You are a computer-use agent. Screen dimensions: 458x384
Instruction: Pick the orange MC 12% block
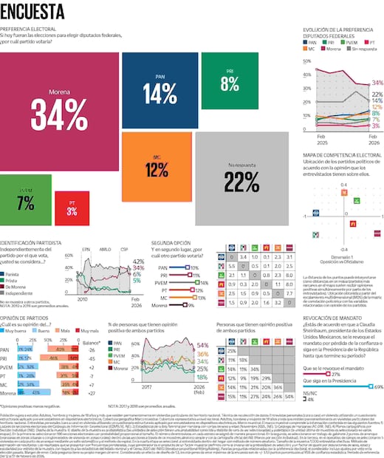point(156,166)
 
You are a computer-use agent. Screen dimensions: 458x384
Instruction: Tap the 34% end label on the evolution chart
point(377,83)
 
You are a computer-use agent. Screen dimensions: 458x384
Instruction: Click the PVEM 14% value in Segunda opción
point(204,282)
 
